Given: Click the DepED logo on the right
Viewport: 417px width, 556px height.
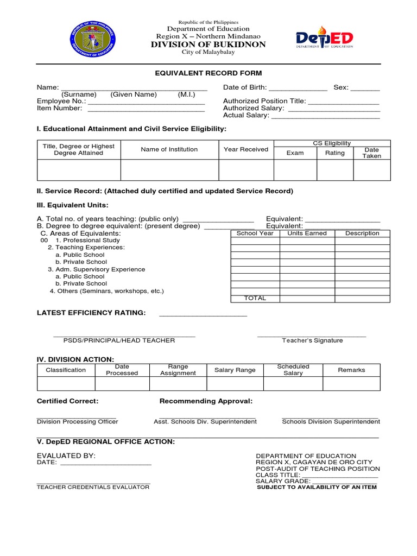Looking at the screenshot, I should [x=324, y=39].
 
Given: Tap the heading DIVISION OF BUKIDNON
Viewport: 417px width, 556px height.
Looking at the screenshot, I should [x=208, y=45].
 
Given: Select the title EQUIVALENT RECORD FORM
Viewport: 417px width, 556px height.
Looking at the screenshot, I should [x=208, y=73].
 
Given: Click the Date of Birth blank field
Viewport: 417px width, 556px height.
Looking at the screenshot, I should [x=298, y=88].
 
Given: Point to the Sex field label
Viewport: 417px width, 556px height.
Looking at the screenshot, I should [x=340, y=87].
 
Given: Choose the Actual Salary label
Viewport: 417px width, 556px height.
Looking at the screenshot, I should [x=246, y=115].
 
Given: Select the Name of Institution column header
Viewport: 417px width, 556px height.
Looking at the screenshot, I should [x=169, y=149].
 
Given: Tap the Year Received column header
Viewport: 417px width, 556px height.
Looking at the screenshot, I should [x=246, y=149].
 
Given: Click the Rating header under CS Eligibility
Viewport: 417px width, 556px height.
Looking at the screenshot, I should [x=335, y=153].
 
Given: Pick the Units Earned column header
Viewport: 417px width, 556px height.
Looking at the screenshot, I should [x=307, y=233].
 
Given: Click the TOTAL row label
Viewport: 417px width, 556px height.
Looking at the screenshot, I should [x=255, y=298].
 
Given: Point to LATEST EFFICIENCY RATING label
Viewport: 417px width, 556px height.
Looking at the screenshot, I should [x=91, y=313].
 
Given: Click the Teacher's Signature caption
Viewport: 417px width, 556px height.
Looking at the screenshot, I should [x=312, y=340].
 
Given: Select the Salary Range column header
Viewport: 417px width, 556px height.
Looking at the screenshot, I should [x=235, y=370].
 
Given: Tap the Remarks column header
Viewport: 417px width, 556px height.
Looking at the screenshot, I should [x=351, y=370].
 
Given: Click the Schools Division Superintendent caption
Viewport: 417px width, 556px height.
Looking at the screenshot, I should [x=331, y=421].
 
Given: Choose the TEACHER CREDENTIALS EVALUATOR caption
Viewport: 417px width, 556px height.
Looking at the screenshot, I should [x=93, y=487].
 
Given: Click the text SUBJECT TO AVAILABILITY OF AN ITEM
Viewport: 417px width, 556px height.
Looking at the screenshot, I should [x=317, y=487].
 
